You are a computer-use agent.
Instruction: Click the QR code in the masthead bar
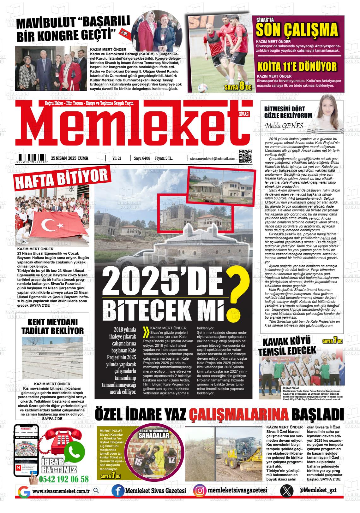point(245,156)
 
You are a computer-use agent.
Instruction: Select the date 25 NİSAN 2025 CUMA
point(69,158)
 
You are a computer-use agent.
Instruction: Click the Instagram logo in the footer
point(200,491)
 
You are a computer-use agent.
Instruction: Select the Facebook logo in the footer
point(118,491)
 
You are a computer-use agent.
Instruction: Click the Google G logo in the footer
point(24,491)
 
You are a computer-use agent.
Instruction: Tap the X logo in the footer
point(286,491)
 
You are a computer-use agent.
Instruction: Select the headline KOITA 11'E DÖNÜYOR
point(297,67)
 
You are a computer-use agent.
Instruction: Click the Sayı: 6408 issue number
point(142,158)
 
